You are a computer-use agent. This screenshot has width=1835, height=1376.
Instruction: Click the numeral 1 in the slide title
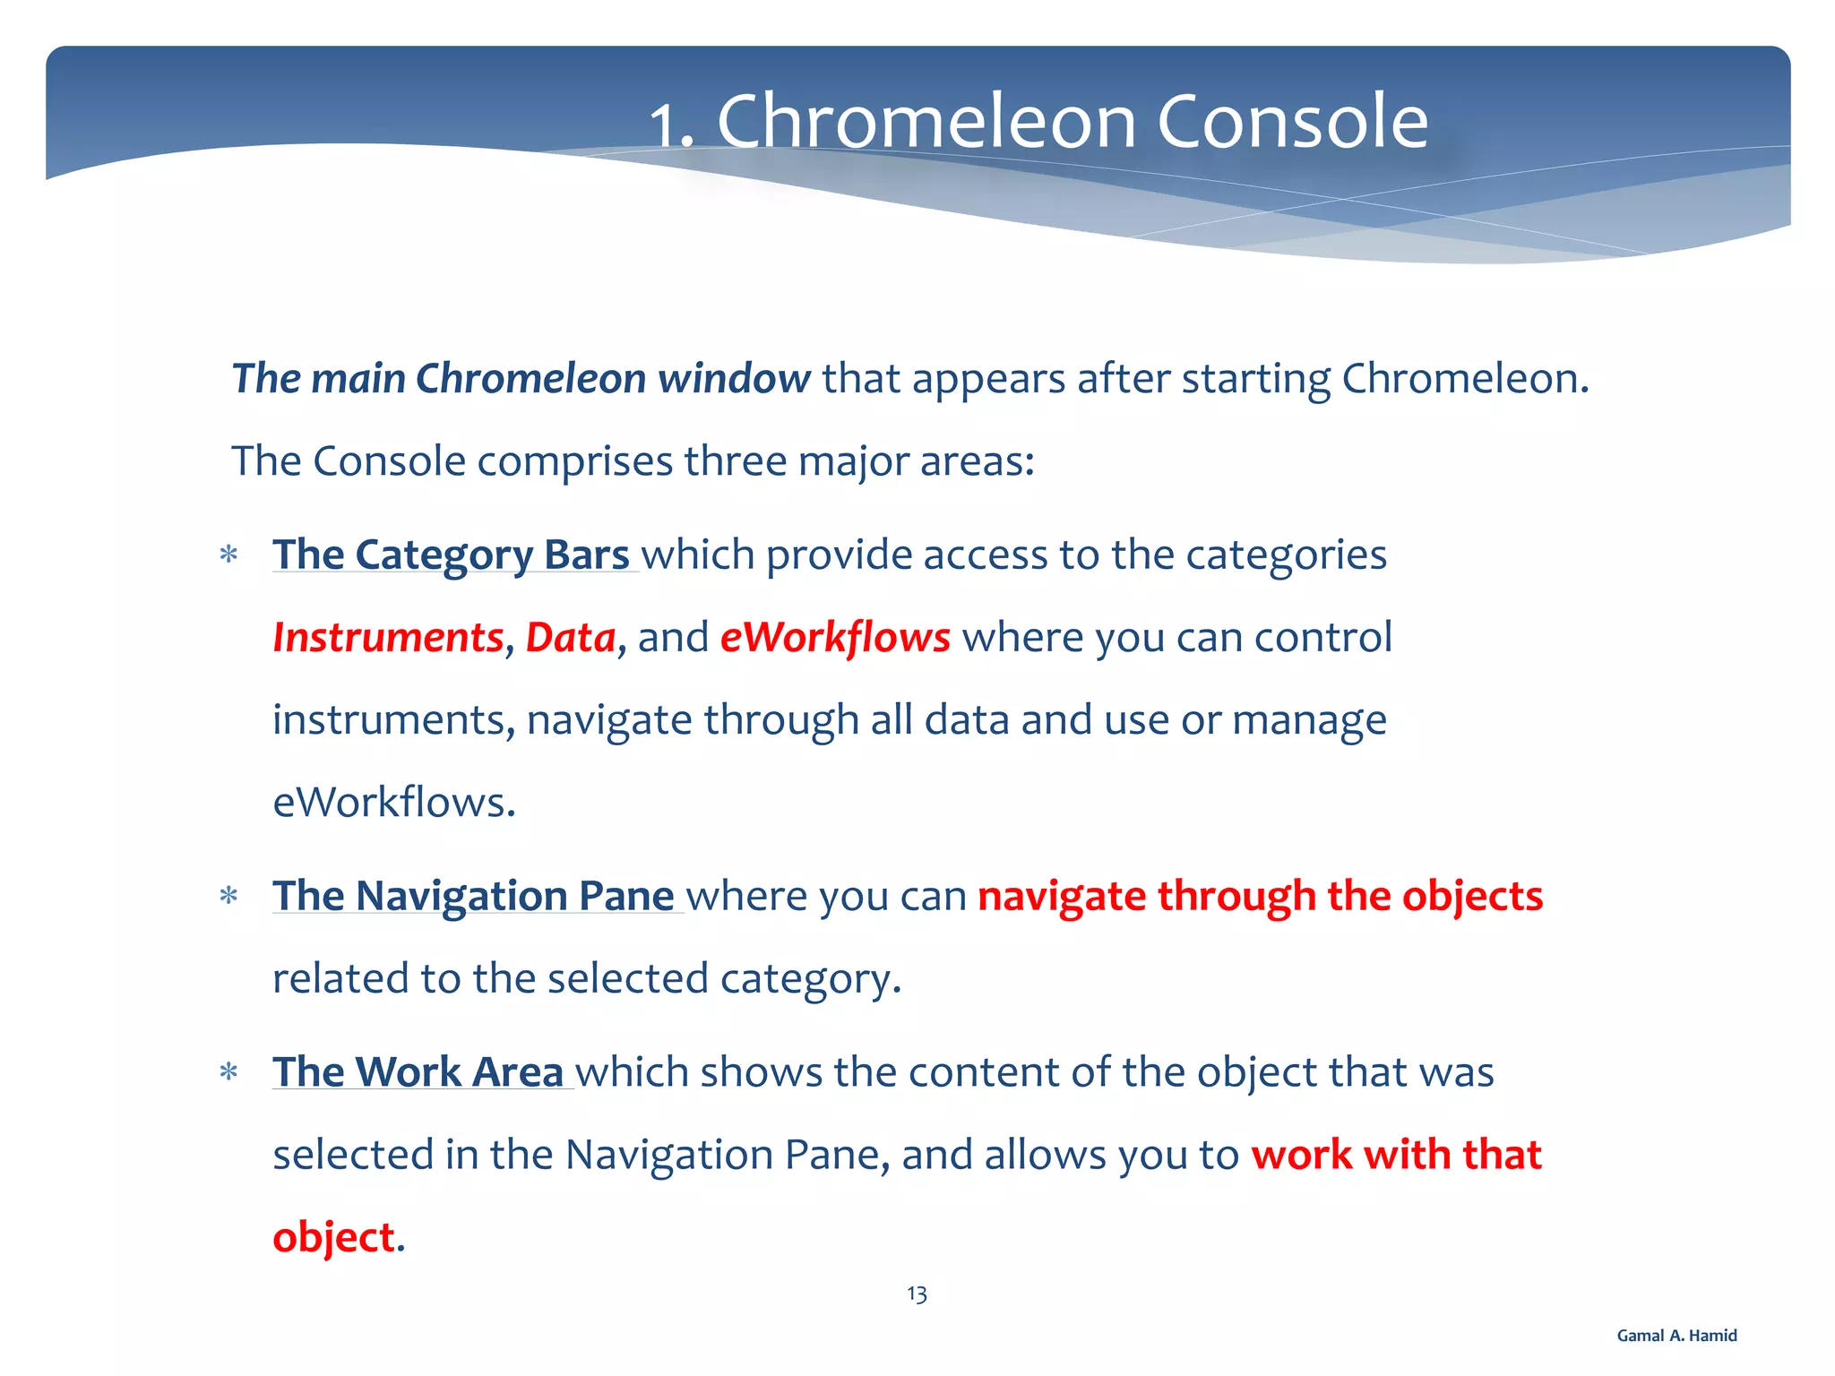tap(663, 127)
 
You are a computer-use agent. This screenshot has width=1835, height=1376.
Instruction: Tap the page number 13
tap(917, 1294)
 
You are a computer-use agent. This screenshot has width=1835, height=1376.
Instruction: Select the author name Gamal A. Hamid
tap(1676, 1336)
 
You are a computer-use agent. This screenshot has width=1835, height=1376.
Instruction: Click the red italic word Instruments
tap(388, 638)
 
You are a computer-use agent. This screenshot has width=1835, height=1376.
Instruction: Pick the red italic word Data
tap(570, 638)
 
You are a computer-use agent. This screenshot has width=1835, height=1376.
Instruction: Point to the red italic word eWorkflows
tap(834, 638)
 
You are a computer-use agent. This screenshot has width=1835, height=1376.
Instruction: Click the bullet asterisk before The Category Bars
tap(228, 555)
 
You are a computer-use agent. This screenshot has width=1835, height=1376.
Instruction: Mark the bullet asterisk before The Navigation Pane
tap(228, 897)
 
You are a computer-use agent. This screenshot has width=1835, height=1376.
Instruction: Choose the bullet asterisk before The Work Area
tap(228, 1072)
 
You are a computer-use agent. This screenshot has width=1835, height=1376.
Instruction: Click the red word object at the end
tap(333, 1238)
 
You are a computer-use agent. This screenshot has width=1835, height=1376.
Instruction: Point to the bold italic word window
tap(734, 378)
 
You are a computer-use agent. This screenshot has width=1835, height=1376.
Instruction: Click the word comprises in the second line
tap(574, 462)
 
